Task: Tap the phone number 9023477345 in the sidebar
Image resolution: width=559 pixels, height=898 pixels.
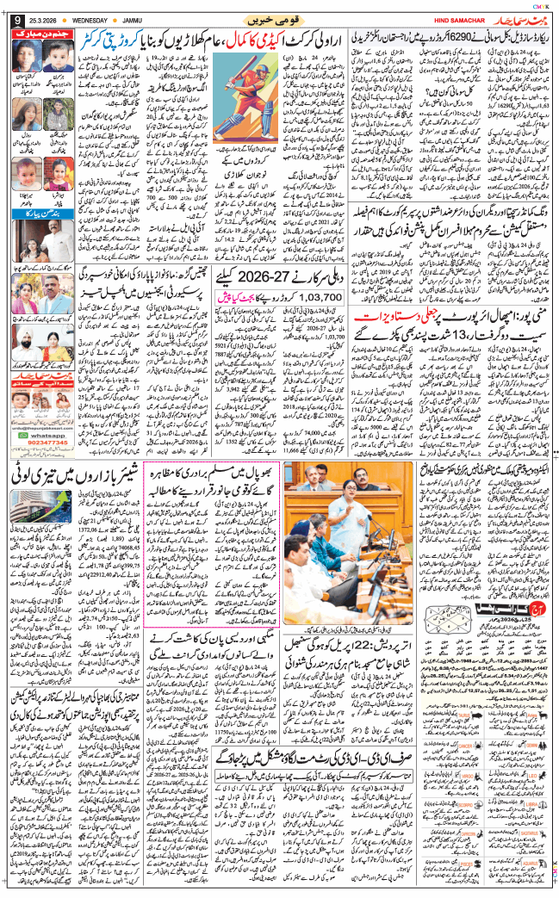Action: click(46, 446)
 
